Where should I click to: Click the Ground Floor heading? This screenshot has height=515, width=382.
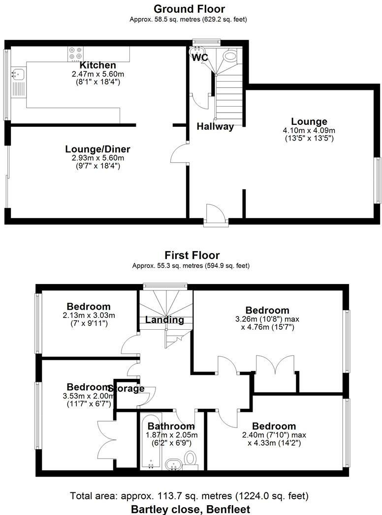click(189, 9)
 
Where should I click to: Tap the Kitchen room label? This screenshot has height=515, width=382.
click(98, 65)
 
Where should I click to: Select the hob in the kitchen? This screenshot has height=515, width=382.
click(75, 53)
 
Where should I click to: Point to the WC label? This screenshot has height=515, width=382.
click(200, 57)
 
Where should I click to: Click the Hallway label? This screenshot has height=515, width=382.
click(215, 126)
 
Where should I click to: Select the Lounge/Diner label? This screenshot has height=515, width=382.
click(97, 149)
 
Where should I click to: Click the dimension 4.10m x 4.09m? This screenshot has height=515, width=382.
click(309, 131)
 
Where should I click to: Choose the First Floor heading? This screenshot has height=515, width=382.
click(192, 256)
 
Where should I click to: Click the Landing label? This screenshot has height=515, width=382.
click(164, 320)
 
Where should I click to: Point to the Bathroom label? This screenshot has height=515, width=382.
click(171, 426)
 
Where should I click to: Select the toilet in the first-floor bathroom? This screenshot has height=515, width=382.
click(190, 459)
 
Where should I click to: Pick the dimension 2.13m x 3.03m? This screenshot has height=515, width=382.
click(89, 315)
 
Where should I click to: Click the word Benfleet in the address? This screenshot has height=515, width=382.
click(225, 509)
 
